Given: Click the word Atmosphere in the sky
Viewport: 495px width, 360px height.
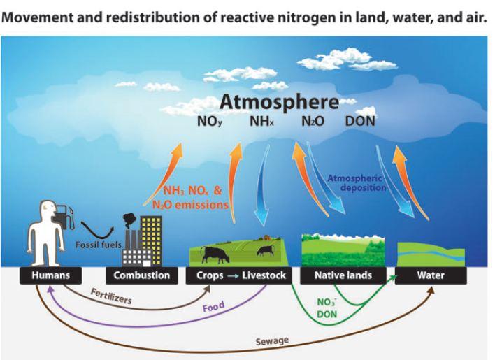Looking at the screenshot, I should pos(280,102).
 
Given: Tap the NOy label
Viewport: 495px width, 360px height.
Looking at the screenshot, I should pos(210,122).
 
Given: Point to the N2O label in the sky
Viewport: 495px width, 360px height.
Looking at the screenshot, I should pos(312,122).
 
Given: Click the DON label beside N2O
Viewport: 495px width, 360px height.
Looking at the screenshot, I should pos(360,122).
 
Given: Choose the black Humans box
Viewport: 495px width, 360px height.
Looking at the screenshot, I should pos(51,275).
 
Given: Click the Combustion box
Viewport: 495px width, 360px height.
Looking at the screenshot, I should pos(142,275).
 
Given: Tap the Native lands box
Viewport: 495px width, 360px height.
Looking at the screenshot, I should pos(342,275).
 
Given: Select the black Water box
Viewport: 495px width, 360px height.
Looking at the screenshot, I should pos(431,275).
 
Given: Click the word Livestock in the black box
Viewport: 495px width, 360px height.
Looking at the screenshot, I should pos(264,275).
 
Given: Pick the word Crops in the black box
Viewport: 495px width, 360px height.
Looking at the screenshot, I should pos(208,275).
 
